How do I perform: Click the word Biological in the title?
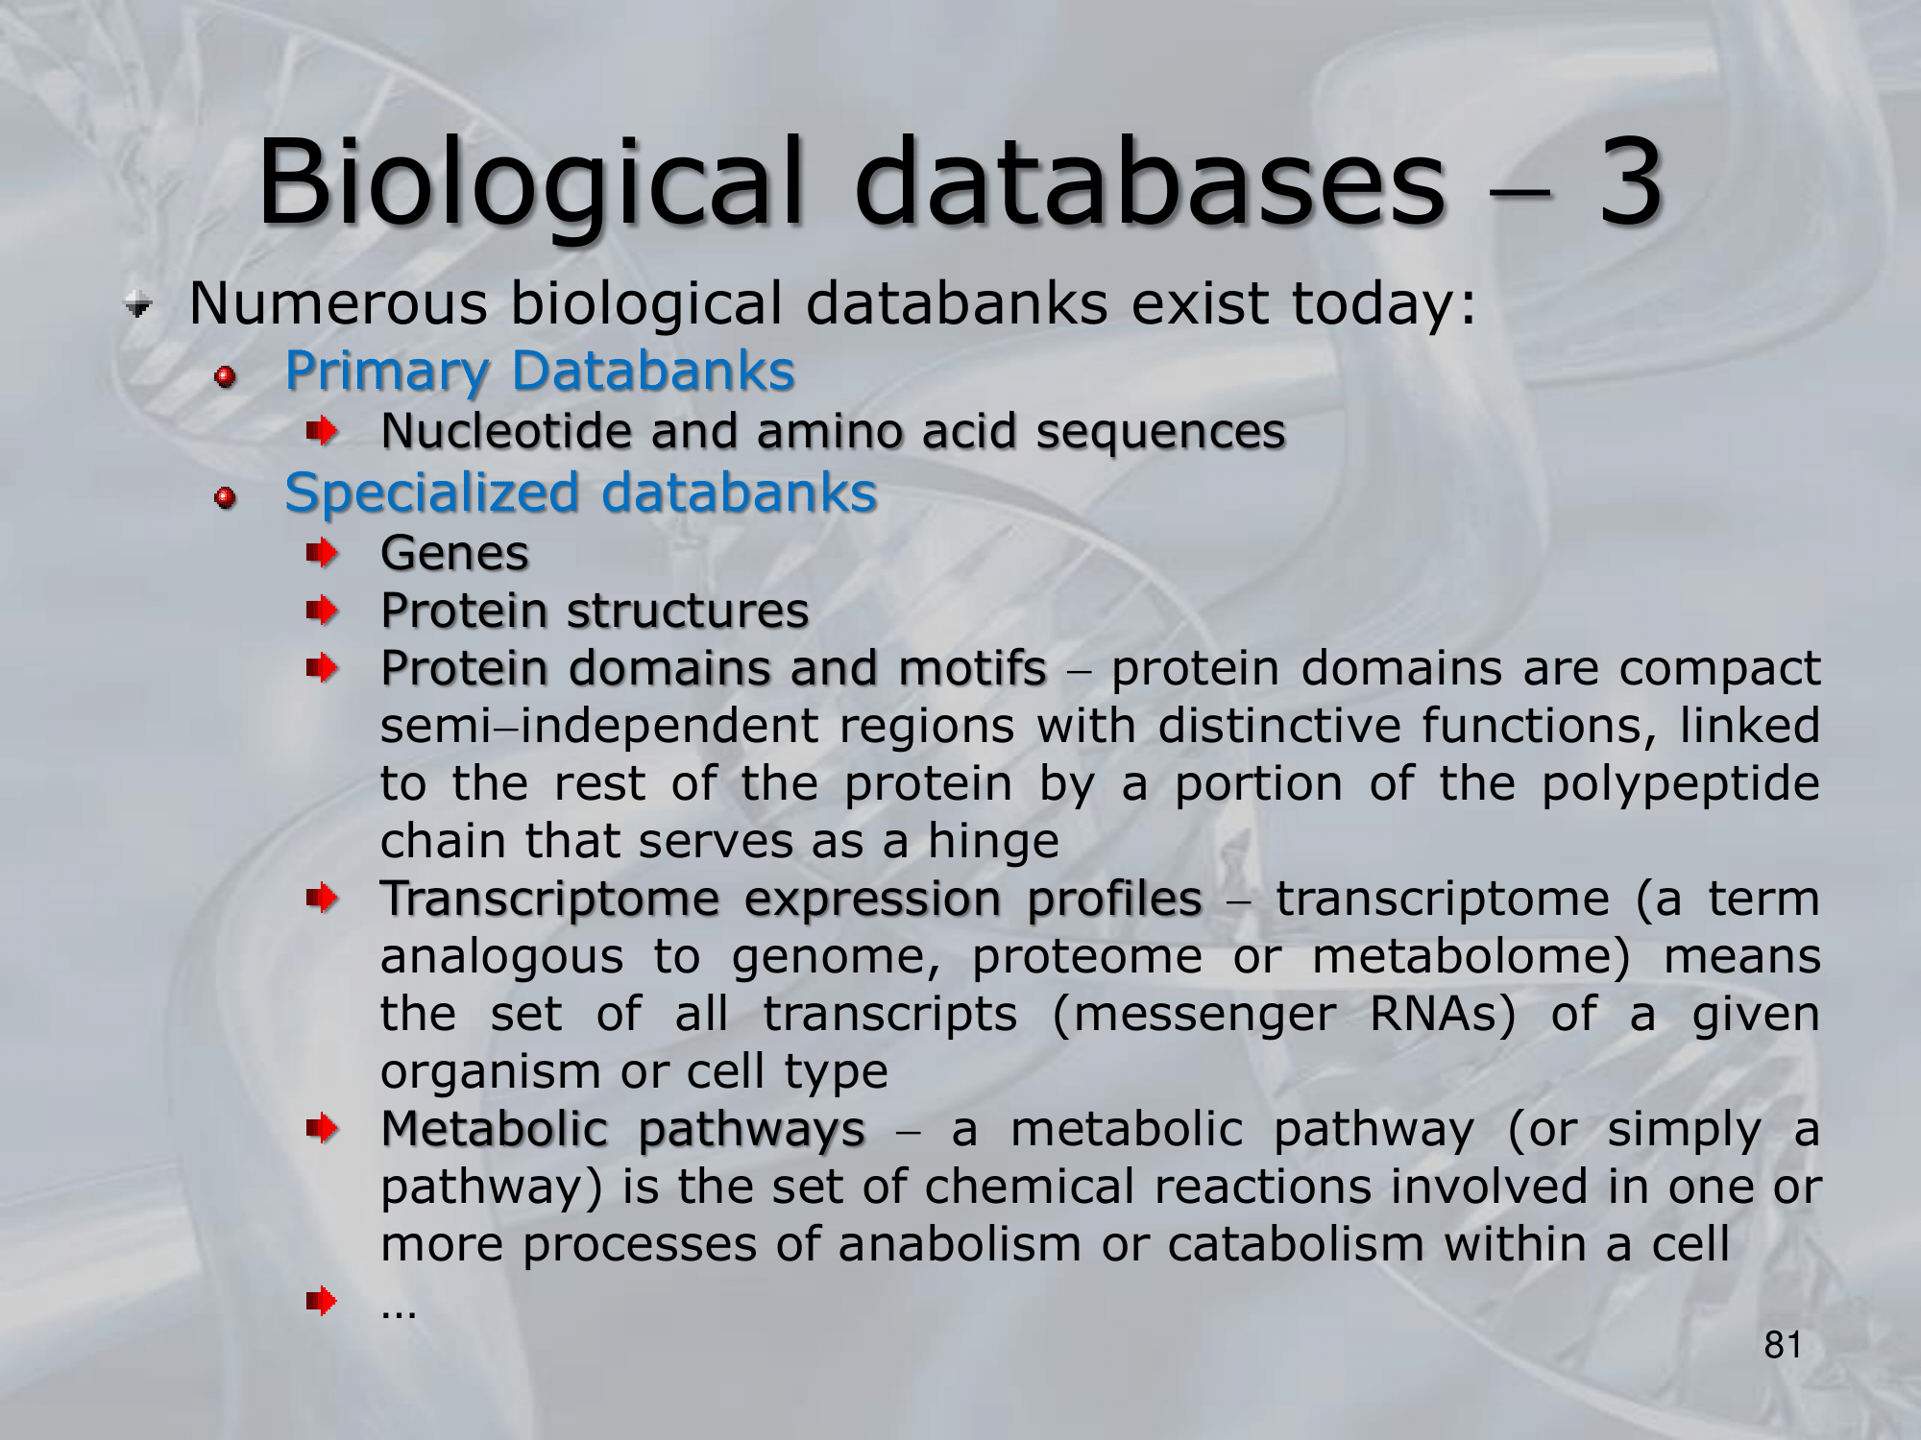point(529,182)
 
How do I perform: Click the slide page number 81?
point(1783,1346)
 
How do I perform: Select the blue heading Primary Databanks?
point(540,372)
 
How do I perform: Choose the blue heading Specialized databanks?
point(581,493)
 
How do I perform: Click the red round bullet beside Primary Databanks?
point(226,375)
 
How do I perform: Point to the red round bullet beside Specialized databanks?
point(226,497)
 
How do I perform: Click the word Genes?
point(454,553)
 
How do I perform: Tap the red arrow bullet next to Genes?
point(323,553)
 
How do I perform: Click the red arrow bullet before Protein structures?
point(323,610)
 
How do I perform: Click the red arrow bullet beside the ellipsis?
point(323,1302)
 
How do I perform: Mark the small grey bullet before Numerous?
point(139,306)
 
